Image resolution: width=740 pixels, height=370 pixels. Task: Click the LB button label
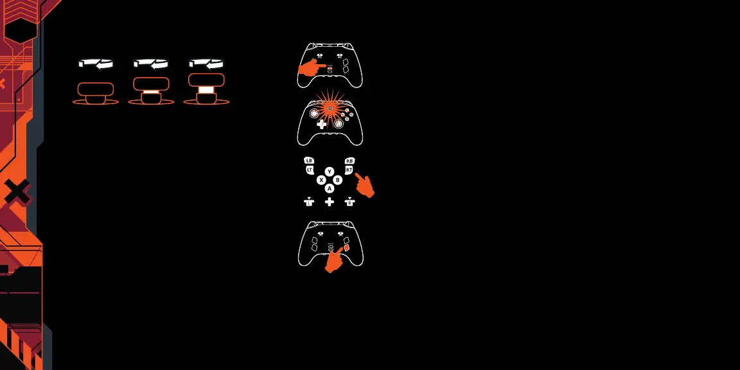coord(309,161)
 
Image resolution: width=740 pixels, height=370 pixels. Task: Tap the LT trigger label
coord(310,170)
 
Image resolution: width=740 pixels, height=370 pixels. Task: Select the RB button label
coord(349,161)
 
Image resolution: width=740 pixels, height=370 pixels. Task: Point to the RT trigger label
coord(349,170)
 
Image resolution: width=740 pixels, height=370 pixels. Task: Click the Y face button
coord(330,172)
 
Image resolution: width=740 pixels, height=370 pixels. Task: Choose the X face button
coord(321,180)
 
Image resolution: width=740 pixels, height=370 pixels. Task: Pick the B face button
coord(338,180)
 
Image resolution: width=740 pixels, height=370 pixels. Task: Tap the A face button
coord(330,188)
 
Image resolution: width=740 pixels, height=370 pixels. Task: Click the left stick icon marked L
coord(309,202)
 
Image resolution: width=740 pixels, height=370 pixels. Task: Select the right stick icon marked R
coord(349,202)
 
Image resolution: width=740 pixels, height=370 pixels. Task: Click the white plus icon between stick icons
coord(330,202)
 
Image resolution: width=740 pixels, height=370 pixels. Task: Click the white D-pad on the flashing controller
coord(321,124)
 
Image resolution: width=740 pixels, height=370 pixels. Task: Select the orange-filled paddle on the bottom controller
coord(346,247)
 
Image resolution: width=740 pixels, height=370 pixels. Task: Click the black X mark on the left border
coord(17,191)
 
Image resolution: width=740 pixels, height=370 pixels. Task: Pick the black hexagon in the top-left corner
coord(21,30)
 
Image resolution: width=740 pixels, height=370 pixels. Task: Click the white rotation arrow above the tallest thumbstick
coord(206,64)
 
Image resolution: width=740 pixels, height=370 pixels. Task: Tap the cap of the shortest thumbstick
coord(95,89)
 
